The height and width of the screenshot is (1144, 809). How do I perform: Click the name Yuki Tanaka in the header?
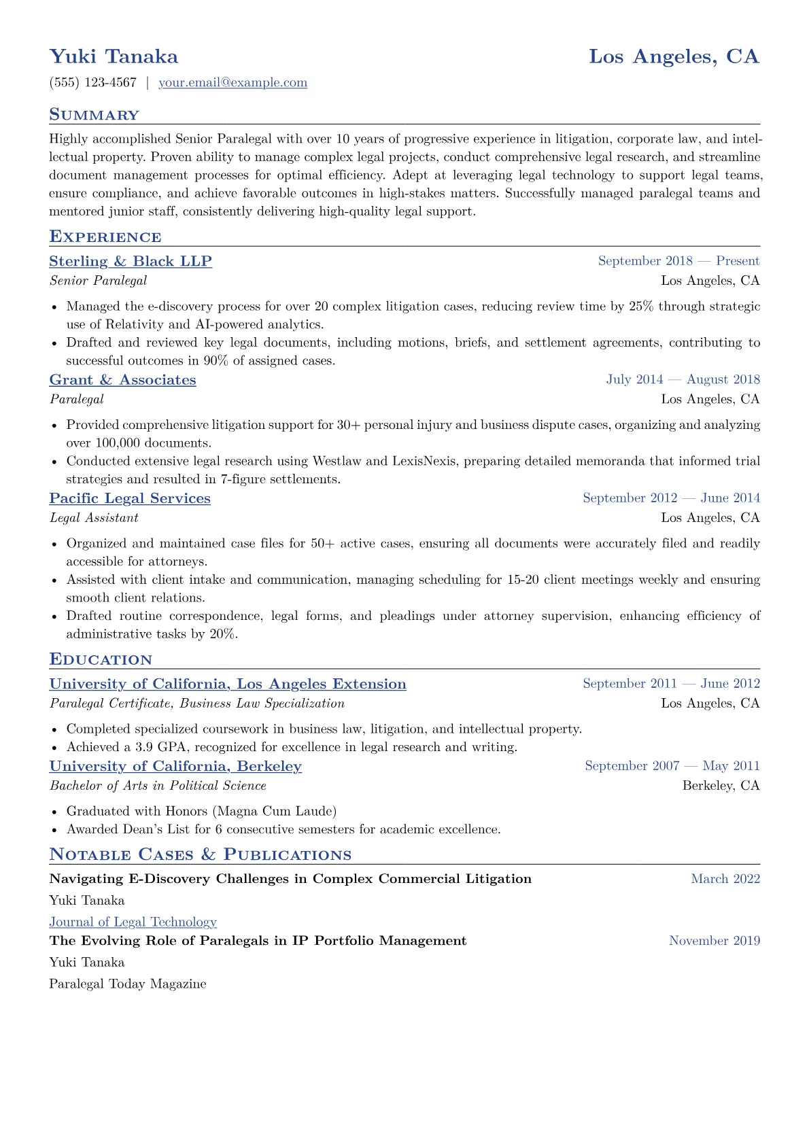(x=114, y=56)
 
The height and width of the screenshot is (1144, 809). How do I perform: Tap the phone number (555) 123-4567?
(x=93, y=83)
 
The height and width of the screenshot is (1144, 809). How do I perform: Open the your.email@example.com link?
(x=233, y=83)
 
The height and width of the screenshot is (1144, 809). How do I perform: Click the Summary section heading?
(x=94, y=115)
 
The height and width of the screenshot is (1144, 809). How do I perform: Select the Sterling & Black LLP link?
(x=131, y=262)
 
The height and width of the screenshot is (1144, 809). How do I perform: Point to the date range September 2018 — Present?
(x=678, y=261)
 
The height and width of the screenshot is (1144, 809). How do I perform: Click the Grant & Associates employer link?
(x=122, y=380)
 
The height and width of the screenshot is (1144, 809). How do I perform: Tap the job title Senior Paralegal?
(x=98, y=281)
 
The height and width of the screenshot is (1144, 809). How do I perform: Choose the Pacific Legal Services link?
(x=130, y=498)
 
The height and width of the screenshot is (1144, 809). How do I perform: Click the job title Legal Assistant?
(x=94, y=518)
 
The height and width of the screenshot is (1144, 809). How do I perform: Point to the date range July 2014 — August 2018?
(x=683, y=379)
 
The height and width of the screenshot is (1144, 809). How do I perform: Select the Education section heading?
(x=101, y=659)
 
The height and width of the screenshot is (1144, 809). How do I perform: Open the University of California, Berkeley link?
(x=175, y=766)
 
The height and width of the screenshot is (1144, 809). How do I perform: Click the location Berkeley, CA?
(x=721, y=786)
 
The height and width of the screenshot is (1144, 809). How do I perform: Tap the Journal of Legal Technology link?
(x=133, y=922)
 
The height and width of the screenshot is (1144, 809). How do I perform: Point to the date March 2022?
(x=725, y=879)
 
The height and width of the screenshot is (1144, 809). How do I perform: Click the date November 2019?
(x=715, y=941)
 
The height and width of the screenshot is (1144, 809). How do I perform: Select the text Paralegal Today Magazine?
(x=128, y=984)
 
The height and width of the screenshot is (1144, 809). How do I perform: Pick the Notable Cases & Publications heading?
(x=201, y=854)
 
